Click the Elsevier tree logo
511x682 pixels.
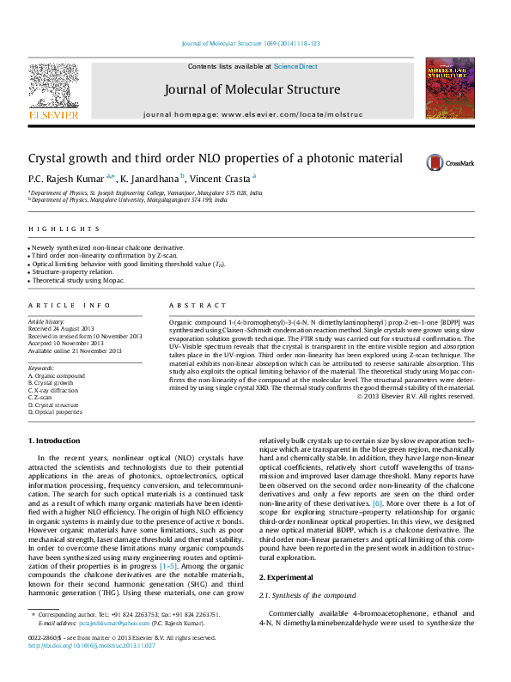(54, 89)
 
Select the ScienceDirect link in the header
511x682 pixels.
(295, 67)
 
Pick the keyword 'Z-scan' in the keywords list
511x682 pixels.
(43, 398)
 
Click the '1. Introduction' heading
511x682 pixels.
(54, 441)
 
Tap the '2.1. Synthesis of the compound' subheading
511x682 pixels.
(307, 595)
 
